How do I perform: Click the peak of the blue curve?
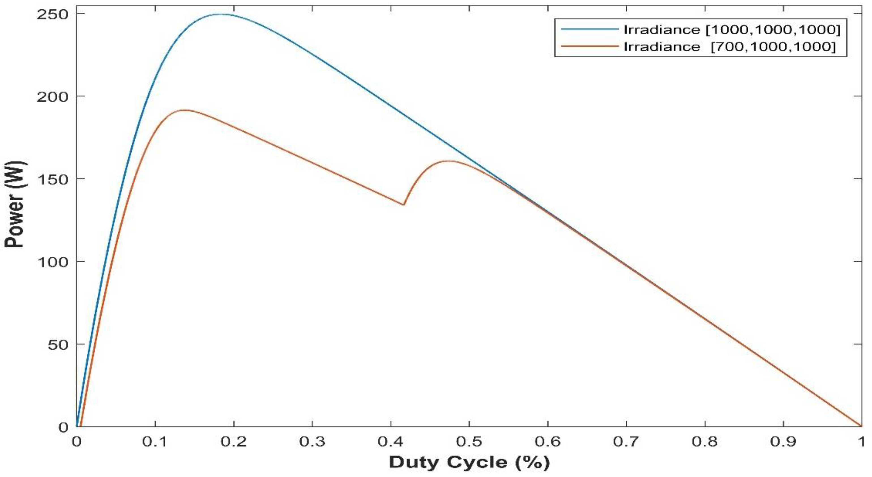click(x=222, y=14)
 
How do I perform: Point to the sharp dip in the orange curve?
click(x=403, y=205)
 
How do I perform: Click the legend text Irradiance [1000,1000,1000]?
click(x=731, y=30)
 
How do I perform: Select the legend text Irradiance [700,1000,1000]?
click(x=730, y=47)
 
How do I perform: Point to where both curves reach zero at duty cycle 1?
click(x=861, y=426)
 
